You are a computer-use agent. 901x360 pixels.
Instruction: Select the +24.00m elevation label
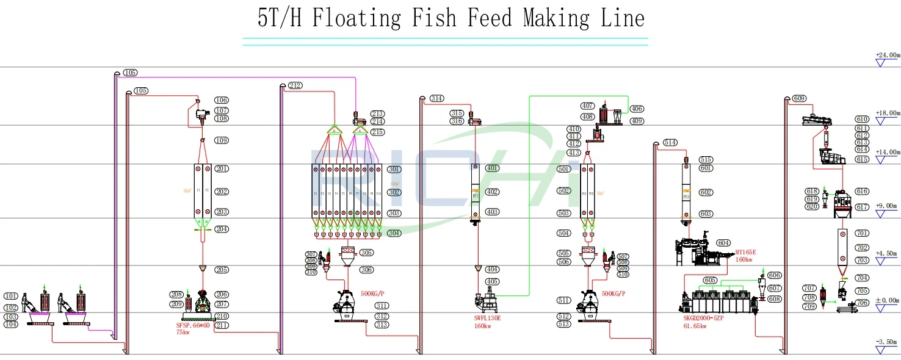click(x=888, y=55)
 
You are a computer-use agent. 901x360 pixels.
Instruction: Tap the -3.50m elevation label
click(x=888, y=343)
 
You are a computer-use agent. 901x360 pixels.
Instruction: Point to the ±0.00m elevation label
click(x=888, y=301)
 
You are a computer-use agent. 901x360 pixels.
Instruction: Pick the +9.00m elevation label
click(x=888, y=206)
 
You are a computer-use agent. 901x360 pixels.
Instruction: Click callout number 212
click(x=295, y=85)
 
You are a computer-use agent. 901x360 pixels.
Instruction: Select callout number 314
click(x=436, y=98)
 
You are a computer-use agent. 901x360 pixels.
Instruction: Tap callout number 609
click(x=799, y=98)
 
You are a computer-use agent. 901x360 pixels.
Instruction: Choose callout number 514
click(x=670, y=143)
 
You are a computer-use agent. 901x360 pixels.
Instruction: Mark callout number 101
click(x=11, y=297)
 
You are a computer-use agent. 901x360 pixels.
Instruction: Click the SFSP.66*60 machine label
click(x=193, y=326)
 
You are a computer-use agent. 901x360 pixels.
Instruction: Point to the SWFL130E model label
click(x=487, y=319)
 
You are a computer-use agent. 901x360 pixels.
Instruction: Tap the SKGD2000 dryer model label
click(x=703, y=319)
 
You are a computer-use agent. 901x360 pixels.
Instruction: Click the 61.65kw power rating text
click(x=695, y=326)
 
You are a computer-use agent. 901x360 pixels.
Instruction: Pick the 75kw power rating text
click(x=183, y=333)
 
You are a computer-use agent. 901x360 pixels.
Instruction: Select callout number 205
click(x=222, y=270)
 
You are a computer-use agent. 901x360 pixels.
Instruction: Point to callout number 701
click(x=862, y=233)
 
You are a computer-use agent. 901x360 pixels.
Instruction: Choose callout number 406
click(x=637, y=109)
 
